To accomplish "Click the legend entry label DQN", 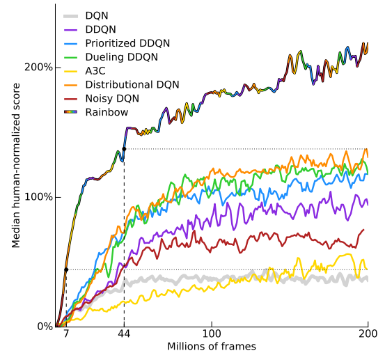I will point(97,16).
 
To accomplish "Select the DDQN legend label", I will point(101,30).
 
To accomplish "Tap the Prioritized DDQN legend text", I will point(127,43).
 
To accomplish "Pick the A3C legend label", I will point(96,70).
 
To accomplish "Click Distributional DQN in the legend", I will point(132,84).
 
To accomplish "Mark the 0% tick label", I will point(43,326).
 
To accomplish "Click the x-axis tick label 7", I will point(66,335).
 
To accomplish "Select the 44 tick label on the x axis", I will point(124,335).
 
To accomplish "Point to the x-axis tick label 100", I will point(212,335).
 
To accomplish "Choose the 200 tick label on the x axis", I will point(368,335).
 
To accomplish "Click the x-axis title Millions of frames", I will point(212,347).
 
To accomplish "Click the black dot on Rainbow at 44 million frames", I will point(124,149).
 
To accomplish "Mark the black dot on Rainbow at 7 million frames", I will point(66,269).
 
